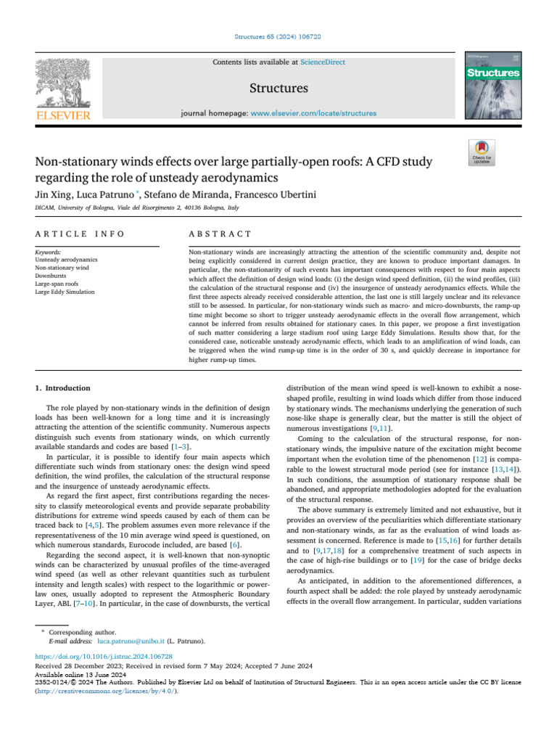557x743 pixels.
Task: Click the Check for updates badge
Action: coord(483,154)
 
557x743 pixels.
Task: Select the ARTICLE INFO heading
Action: coord(80,234)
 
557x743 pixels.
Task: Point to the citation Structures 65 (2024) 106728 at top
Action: coord(278,36)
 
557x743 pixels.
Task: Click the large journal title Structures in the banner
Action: coord(278,89)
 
